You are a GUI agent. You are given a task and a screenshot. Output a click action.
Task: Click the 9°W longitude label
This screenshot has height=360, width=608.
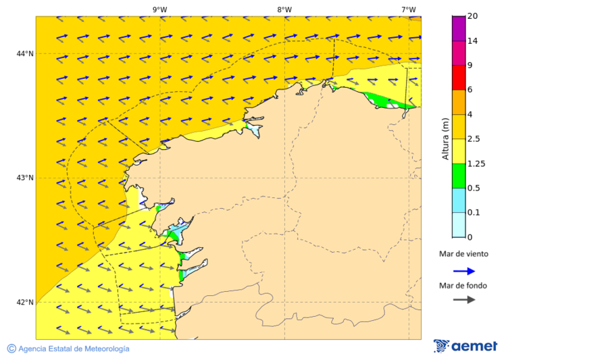159,9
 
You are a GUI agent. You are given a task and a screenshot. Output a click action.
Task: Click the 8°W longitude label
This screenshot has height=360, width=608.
284,9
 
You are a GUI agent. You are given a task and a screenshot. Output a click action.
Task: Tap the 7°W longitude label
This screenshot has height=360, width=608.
408,9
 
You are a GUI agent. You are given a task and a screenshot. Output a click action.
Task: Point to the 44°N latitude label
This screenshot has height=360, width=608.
25,54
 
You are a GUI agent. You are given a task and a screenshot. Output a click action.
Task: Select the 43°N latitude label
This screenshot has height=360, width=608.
25,178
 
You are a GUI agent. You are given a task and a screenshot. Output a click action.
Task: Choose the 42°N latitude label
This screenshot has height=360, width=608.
25,303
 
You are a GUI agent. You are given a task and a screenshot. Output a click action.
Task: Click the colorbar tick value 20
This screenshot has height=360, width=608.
472,16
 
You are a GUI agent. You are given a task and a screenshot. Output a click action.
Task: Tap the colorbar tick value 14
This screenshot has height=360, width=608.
472,41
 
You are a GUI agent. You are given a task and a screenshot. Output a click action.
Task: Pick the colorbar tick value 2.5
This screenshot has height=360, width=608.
474,139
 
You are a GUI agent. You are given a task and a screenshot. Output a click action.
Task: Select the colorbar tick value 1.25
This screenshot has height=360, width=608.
476,163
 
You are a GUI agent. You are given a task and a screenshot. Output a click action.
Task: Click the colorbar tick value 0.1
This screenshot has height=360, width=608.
474,213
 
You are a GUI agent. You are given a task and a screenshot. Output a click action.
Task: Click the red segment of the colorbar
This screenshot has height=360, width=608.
459,77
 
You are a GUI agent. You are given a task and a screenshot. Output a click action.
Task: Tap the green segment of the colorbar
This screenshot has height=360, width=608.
459,176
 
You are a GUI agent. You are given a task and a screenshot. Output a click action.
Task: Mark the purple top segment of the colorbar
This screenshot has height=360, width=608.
459,28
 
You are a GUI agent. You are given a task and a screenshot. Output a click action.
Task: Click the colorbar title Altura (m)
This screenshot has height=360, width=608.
445,138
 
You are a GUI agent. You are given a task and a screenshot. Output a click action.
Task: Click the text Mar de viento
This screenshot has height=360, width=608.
463,255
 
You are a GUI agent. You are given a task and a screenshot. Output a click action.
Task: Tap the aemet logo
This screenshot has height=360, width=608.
465,346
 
